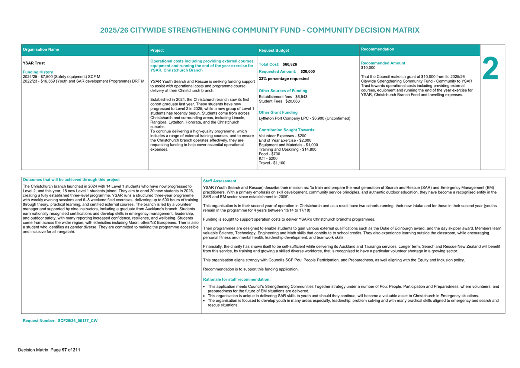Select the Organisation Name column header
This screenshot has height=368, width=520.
tap(41, 49)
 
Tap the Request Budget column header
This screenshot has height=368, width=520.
tap(274, 50)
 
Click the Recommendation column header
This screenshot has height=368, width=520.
tap(378, 49)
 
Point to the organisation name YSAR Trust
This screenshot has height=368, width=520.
tap(34, 63)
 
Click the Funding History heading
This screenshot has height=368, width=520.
tap(38, 72)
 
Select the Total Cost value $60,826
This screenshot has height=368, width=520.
tap(290, 64)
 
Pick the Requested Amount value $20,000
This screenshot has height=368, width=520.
tap(308, 71)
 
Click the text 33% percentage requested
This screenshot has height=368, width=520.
tap(284, 79)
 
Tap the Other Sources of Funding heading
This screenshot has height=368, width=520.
tap(283, 91)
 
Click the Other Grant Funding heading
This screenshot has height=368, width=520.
tap(278, 112)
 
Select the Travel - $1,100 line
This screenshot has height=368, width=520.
tap(272, 163)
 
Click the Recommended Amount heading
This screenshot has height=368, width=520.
tap(383, 63)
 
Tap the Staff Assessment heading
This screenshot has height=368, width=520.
tap(219, 181)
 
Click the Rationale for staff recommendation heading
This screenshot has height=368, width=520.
tap(237, 279)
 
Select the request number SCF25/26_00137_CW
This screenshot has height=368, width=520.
tap(77, 321)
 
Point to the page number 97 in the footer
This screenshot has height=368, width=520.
tap(64, 350)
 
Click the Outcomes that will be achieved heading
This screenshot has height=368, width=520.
tap(71, 180)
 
